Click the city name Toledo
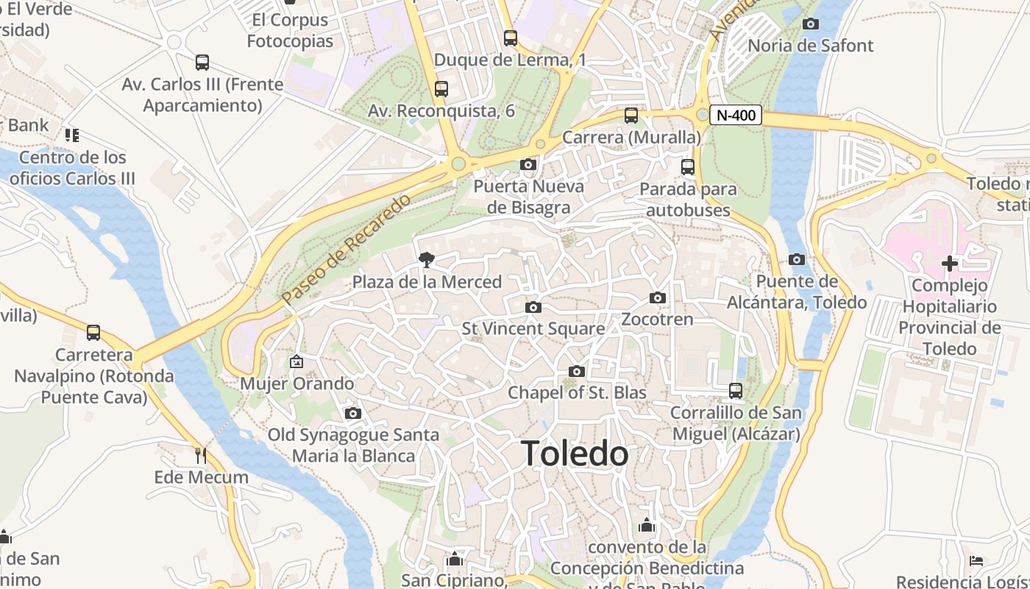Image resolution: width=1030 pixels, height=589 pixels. pyautogui.click(x=575, y=454)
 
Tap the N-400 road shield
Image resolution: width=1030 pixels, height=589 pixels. pyautogui.click(x=736, y=116)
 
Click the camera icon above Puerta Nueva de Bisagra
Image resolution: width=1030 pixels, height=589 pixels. pyautogui.click(x=528, y=164)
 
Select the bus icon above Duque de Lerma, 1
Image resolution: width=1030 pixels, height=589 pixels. pyautogui.click(x=510, y=38)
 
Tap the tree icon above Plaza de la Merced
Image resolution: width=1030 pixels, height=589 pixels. pyautogui.click(x=425, y=259)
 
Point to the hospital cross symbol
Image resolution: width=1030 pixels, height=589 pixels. pyautogui.click(x=949, y=263)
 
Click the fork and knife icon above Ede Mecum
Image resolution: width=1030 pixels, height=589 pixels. pyautogui.click(x=201, y=456)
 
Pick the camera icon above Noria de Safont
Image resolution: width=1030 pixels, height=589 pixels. pyautogui.click(x=810, y=24)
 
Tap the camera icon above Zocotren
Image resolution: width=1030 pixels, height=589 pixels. pyautogui.click(x=658, y=298)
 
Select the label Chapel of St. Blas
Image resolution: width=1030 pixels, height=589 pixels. pyautogui.click(x=577, y=392)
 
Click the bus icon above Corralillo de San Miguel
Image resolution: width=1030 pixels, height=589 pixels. pyautogui.click(x=736, y=391)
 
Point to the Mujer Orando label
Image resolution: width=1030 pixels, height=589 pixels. pyautogui.click(x=297, y=384)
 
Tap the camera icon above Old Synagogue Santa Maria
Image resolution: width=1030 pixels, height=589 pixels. pyautogui.click(x=353, y=413)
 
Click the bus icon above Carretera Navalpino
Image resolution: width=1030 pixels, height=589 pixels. pyautogui.click(x=93, y=333)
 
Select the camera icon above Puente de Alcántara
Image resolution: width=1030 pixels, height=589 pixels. pyautogui.click(x=796, y=259)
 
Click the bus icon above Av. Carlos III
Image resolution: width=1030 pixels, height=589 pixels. pyautogui.click(x=202, y=63)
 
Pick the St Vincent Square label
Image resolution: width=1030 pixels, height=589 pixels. pyautogui.click(x=533, y=328)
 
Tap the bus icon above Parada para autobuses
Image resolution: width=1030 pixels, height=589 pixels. pyautogui.click(x=688, y=167)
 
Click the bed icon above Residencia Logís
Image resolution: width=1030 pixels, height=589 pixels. pyautogui.click(x=976, y=562)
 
